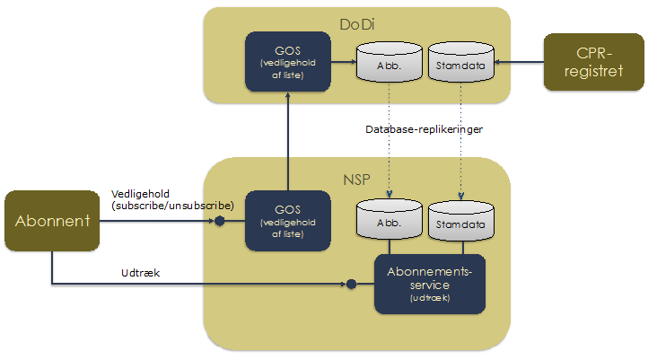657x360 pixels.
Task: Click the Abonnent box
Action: tap(52, 220)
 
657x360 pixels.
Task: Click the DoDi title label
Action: tap(356, 24)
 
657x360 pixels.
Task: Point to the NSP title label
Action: tap(356, 176)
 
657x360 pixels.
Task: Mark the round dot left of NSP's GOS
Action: tap(218, 219)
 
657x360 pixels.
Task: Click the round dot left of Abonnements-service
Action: tap(352, 285)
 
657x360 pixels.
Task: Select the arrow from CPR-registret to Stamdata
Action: tap(520, 62)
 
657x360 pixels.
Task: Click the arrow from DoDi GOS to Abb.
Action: tap(342, 62)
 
